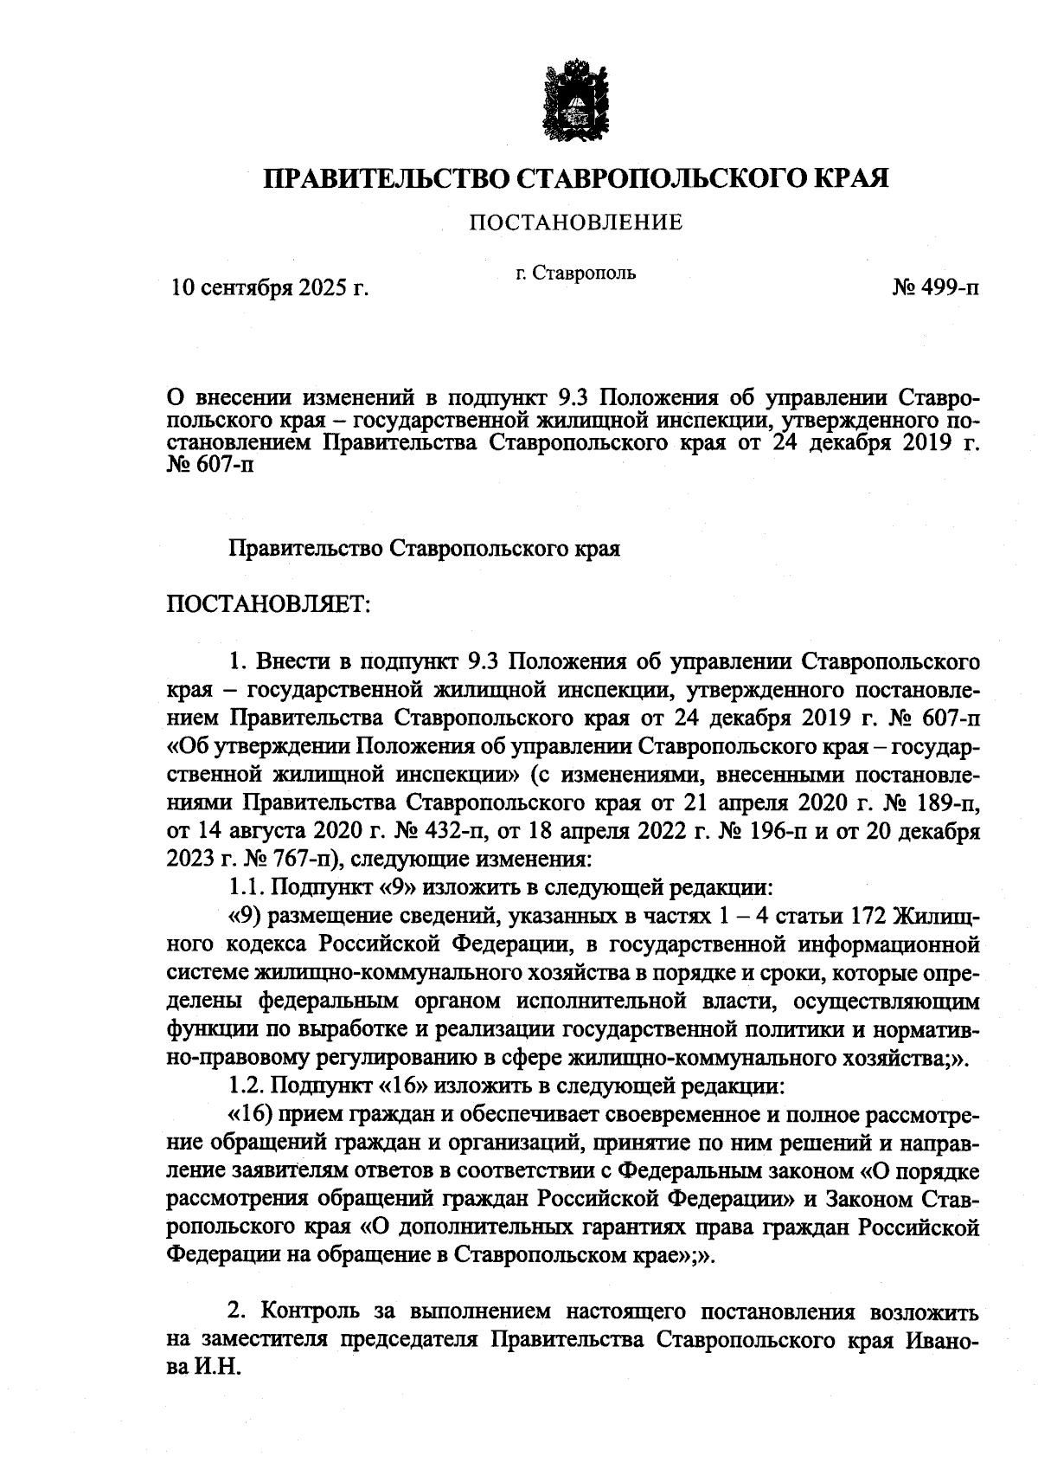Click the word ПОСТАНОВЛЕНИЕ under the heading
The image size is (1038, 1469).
(x=575, y=223)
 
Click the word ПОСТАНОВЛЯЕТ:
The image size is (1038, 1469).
(x=268, y=602)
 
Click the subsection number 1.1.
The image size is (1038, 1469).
(x=247, y=888)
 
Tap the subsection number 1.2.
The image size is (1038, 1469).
(x=248, y=1085)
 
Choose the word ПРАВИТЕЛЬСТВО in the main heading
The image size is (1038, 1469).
(x=387, y=178)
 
